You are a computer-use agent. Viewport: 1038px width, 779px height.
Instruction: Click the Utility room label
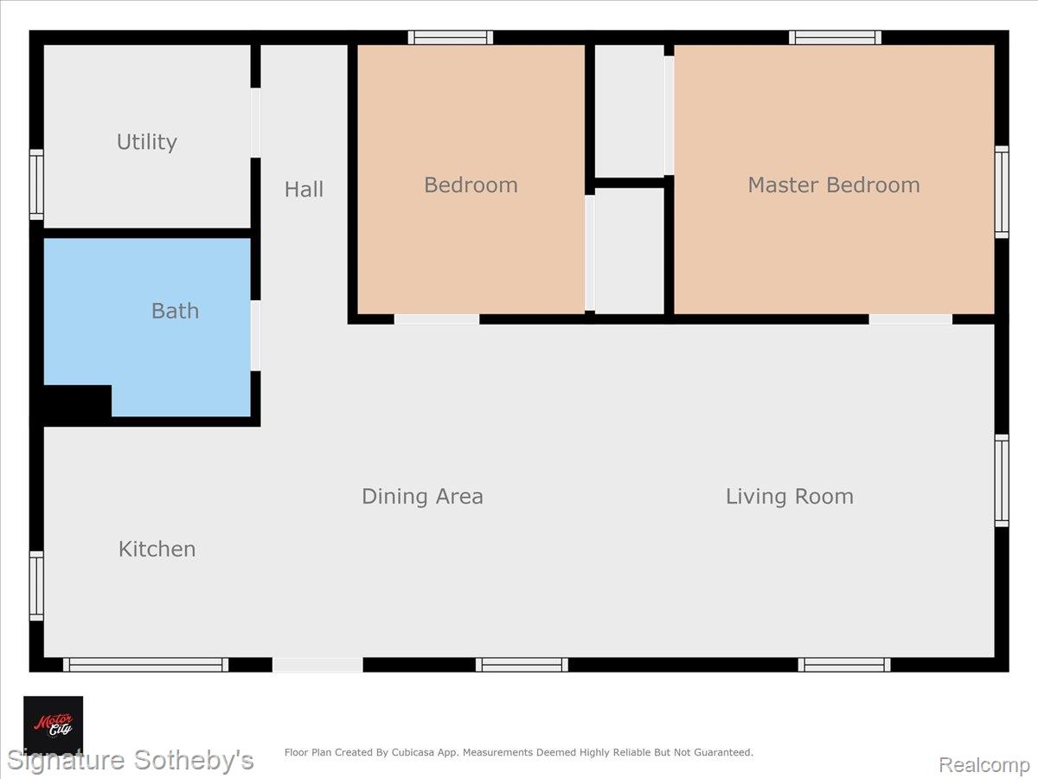tap(147, 142)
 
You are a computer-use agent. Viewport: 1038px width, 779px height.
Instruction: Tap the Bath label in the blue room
tap(175, 311)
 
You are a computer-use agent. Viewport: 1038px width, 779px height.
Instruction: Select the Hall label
tap(304, 190)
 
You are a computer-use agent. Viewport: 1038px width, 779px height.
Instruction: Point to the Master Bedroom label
tap(833, 185)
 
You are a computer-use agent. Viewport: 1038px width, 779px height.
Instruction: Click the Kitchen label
tap(157, 549)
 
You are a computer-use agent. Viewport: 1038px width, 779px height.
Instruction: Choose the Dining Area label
tap(422, 496)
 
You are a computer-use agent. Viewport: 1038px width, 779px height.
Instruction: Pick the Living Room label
tap(789, 496)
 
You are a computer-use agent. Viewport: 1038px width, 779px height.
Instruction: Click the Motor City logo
tap(53, 724)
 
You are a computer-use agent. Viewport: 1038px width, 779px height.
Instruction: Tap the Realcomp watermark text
tap(984, 764)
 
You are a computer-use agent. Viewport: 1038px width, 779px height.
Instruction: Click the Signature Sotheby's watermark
tap(130, 761)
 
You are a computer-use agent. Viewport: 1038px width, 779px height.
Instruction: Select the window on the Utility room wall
tap(36, 183)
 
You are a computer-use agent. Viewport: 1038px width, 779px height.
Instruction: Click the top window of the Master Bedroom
tap(836, 37)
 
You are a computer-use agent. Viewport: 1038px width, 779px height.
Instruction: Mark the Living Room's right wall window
tap(1002, 480)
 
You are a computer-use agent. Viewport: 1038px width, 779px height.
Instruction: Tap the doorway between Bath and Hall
tap(255, 336)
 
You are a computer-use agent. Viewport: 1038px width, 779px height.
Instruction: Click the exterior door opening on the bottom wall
tap(317, 665)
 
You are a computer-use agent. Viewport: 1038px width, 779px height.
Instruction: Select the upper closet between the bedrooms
tap(629, 111)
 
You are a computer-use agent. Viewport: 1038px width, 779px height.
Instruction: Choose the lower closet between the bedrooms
tap(629, 251)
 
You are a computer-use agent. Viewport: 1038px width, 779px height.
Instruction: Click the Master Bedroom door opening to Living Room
tap(910, 319)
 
